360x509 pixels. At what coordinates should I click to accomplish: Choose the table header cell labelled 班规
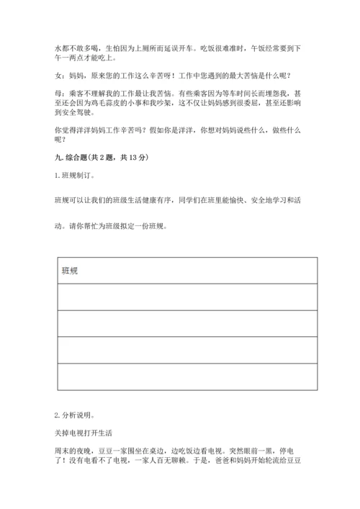(x=70, y=271)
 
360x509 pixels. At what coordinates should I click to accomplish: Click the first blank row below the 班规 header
(x=185, y=297)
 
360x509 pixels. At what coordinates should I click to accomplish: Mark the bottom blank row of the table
(x=185, y=377)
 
